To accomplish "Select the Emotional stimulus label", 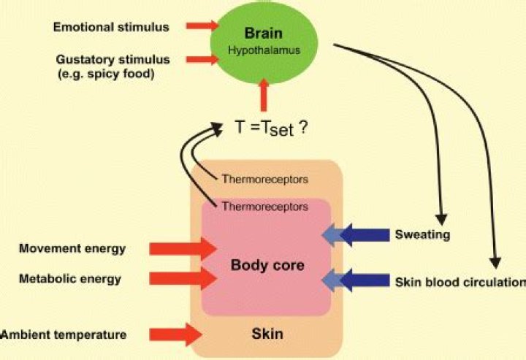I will click(111, 27).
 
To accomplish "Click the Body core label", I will click(266, 264).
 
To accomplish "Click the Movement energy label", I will click(73, 248).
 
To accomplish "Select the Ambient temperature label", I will click(64, 335).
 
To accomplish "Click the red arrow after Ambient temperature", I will click(183, 335).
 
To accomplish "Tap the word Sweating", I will click(422, 235).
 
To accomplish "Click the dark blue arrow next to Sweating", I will click(364, 235).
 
